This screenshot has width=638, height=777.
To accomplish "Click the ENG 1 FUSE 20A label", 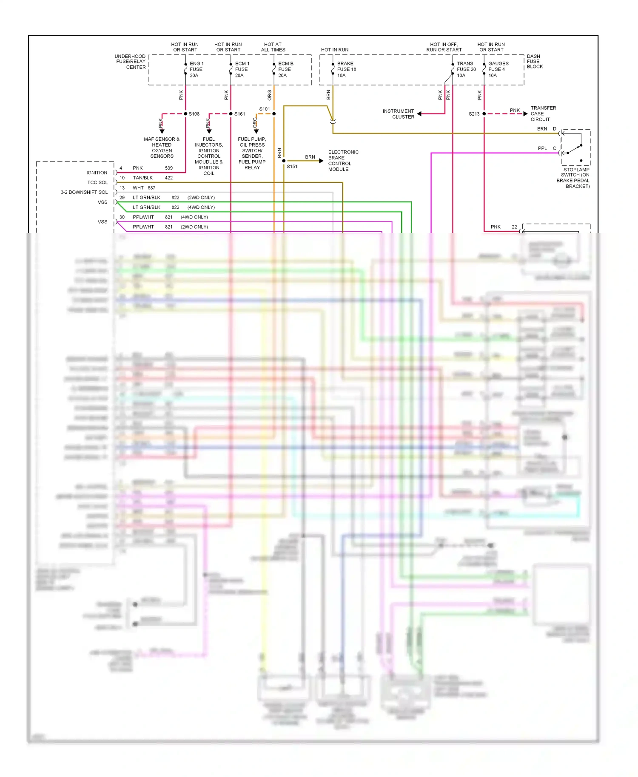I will (196, 69).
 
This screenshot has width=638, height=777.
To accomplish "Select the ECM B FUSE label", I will (285, 69).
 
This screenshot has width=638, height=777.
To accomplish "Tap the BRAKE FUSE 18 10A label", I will (346, 69).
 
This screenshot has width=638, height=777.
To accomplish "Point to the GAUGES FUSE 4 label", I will (497, 69).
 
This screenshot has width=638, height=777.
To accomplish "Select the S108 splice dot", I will (185, 114).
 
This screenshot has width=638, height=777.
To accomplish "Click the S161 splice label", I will (239, 114).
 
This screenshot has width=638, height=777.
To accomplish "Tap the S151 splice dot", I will (284, 161).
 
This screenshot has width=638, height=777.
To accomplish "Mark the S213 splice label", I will (474, 114).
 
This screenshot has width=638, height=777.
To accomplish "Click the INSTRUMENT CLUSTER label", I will (399, 114).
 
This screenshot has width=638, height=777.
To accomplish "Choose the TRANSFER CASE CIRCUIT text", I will (543, 113).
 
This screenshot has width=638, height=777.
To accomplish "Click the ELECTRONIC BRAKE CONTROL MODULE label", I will (343, 161).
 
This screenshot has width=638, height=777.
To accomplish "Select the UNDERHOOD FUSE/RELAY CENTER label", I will (131, 62).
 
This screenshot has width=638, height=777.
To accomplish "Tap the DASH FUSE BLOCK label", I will (535, 61).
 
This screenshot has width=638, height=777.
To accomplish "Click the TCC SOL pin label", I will (97, 182).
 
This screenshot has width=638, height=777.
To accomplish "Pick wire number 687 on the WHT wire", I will (151, 187).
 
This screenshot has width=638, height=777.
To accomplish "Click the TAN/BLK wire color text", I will (142, 178).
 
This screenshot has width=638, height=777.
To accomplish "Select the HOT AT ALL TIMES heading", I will (273, 47).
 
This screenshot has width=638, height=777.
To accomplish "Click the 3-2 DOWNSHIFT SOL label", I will (84, 192).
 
